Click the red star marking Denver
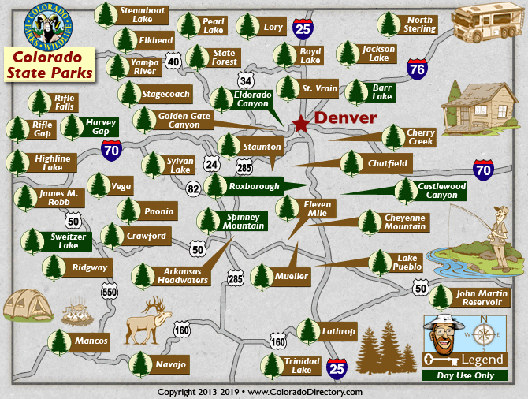click(x=301, y=124)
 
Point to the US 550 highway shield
click(x=109, y=292)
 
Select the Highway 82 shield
click(x=194, y=188)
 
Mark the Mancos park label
click(x=91, y=341)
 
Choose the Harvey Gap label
click(x=101, y=126)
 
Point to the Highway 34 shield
click(x=246, y=80)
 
